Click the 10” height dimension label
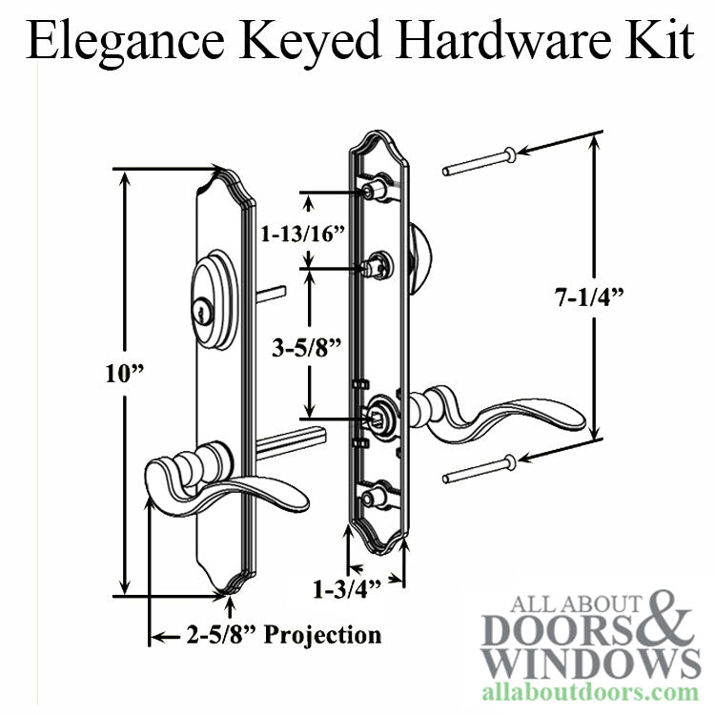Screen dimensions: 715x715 click(x=125, y=374)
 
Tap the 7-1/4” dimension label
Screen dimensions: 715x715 click(x=589, y=297)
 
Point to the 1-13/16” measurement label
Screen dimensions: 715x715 click(x=302, y=234)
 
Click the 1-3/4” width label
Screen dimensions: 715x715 click(x=347, y=589)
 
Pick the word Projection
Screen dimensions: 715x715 click(x=323, y=634)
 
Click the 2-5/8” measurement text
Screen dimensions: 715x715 click(x=220, y=634)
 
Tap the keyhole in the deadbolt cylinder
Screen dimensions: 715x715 click(x=201, y=314)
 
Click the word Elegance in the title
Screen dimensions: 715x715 click(x=125, y=42)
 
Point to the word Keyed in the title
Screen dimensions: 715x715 click(x=310, y=42)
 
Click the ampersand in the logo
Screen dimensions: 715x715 click(x=666, y=617)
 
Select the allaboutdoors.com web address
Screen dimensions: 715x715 click(x=590, y=692)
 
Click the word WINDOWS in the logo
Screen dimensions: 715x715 click(x=591, y=661)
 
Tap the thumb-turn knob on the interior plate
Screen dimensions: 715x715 click(x=419, y=259)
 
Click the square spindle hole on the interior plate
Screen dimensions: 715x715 click(x=376, y=417)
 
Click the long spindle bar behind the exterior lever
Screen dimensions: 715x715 click(x=291, y=440)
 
